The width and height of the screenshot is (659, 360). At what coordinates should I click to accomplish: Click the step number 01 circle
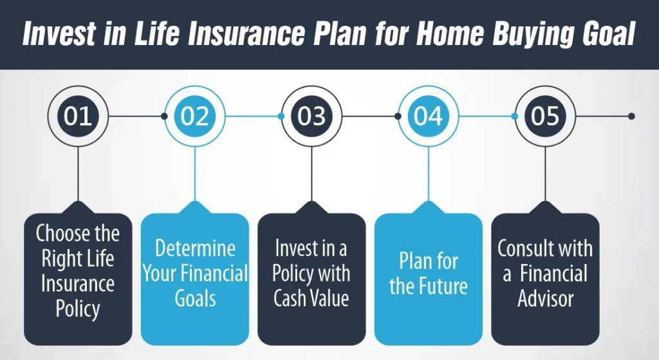point(78,116)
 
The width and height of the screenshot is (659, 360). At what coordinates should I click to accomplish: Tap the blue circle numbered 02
point(194,116)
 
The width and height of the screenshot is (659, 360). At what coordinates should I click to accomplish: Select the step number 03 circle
point(311,116)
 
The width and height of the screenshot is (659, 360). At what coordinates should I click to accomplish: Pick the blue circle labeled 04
point(428,116)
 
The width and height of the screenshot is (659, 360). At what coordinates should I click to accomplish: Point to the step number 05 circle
point(545,116)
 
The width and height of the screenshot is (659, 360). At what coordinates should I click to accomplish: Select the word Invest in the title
point(59,34)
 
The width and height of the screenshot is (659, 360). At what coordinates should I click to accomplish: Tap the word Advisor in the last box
point(546,299)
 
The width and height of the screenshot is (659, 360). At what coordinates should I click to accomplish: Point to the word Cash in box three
point(291,298)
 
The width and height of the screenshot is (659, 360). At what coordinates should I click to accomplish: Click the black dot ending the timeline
point(631,116)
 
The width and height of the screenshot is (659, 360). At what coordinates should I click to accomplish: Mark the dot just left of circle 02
point(164,116)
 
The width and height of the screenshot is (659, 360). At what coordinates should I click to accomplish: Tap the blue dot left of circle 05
point(514,116)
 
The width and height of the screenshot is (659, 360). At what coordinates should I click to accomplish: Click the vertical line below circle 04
point(428,174)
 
